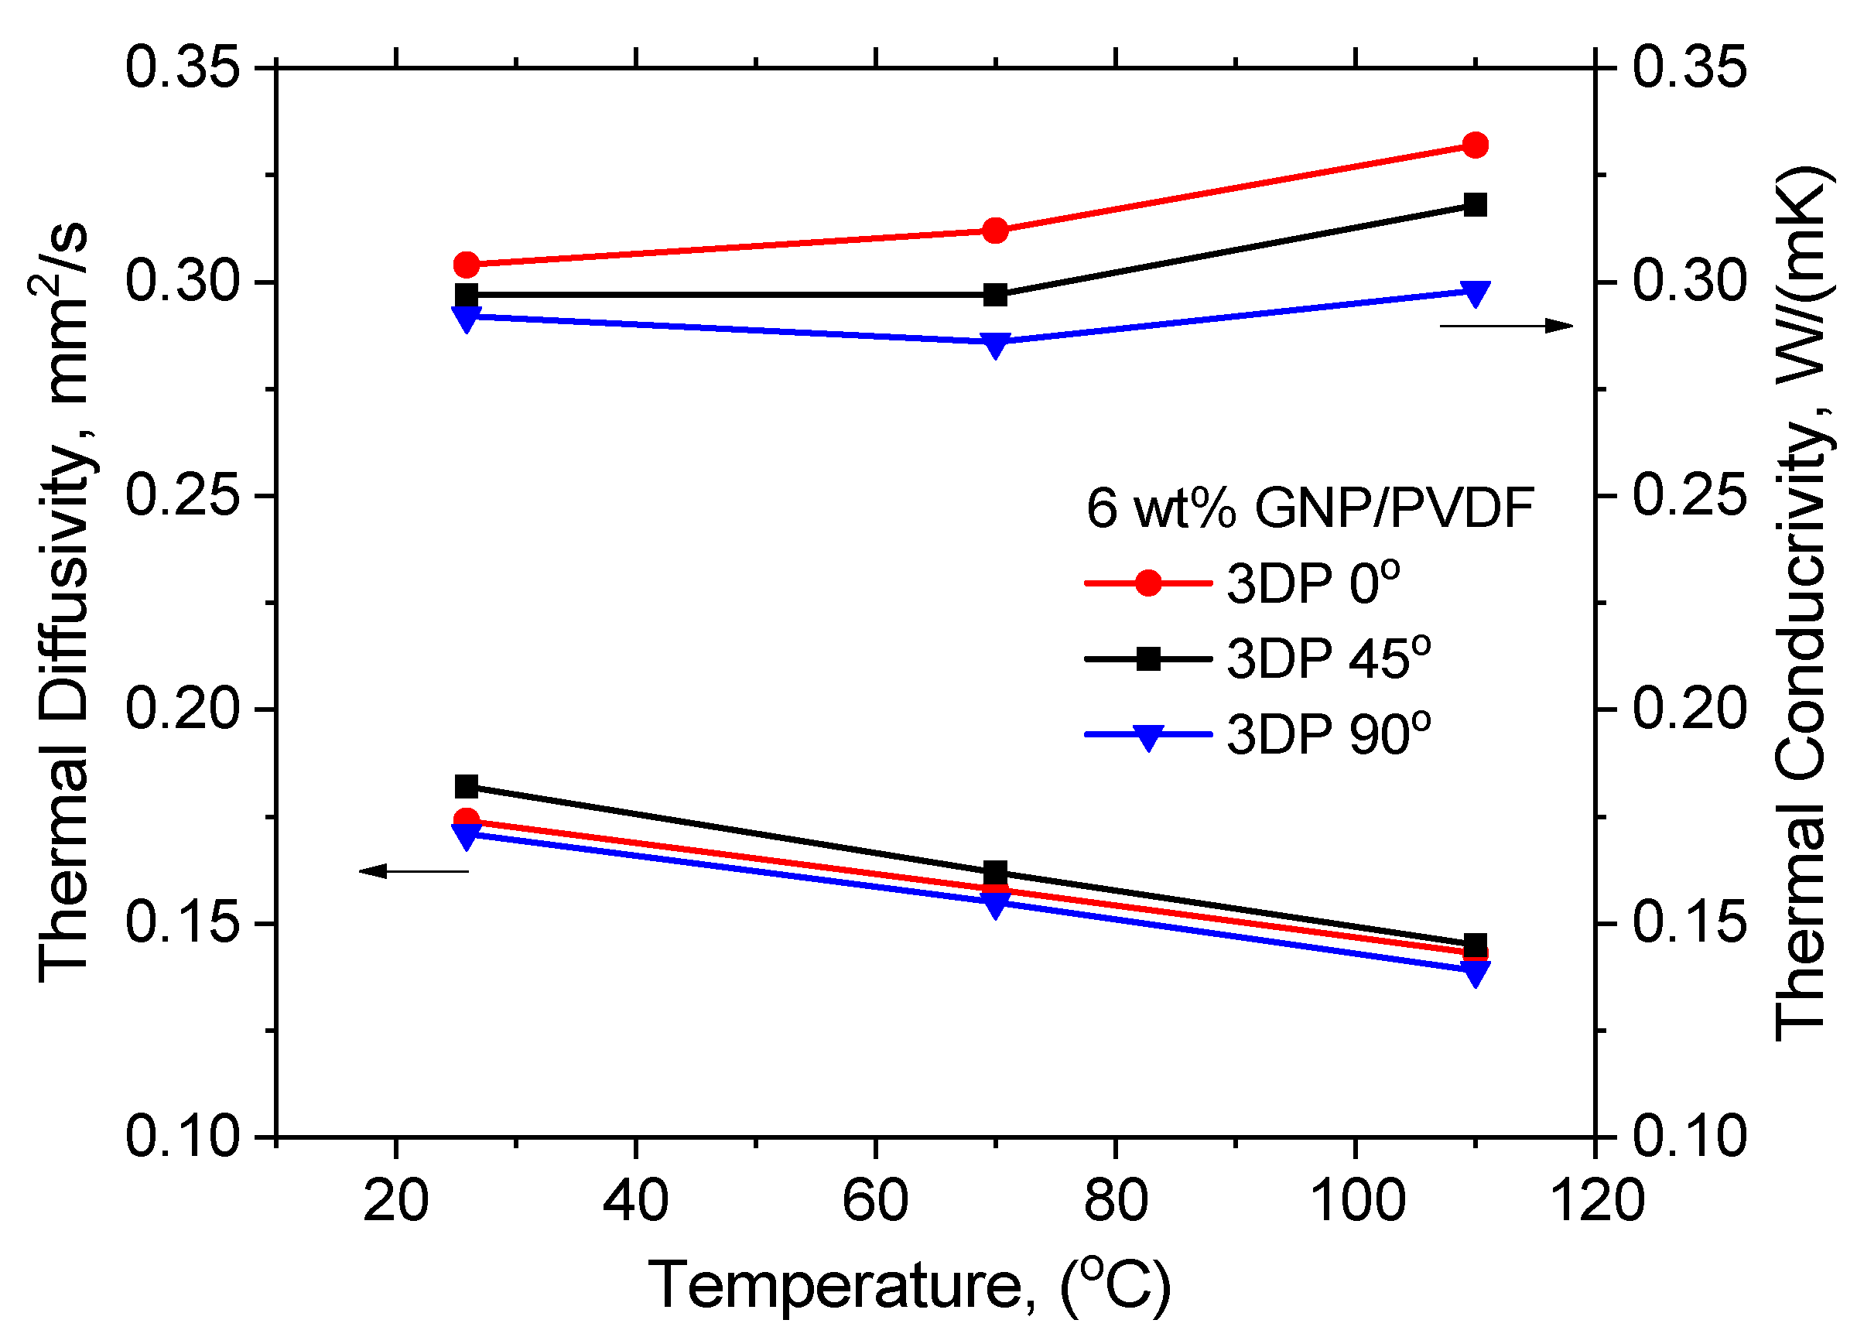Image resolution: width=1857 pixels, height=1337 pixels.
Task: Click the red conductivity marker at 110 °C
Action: click(x=1476, y=145)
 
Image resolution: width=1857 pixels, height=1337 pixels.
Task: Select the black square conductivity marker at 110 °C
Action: click(x=1476, y=205)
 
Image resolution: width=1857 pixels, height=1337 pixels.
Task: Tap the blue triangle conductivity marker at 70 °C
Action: click(x=995, y=344)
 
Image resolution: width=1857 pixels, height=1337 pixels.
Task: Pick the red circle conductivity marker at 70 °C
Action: click(x=995, y=231)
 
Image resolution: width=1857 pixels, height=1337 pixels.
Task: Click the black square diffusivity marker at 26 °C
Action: click(x=467, y=787)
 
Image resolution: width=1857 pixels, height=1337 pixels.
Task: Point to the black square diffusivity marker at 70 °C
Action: click(x=995, y=872)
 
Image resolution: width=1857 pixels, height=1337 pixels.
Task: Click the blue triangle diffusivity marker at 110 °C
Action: click(x=1476, y=973)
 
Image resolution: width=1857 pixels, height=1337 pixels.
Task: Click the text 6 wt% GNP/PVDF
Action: click(x=1309, y=508)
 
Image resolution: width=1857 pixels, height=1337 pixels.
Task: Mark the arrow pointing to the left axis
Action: click(x=414, y=871)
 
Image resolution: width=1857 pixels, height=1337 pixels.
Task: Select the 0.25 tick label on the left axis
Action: click(x=183, y=495)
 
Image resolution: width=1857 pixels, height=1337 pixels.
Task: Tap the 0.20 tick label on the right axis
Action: click(x=1689, y=708)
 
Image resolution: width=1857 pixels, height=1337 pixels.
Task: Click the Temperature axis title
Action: click(x=910, y=1285)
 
